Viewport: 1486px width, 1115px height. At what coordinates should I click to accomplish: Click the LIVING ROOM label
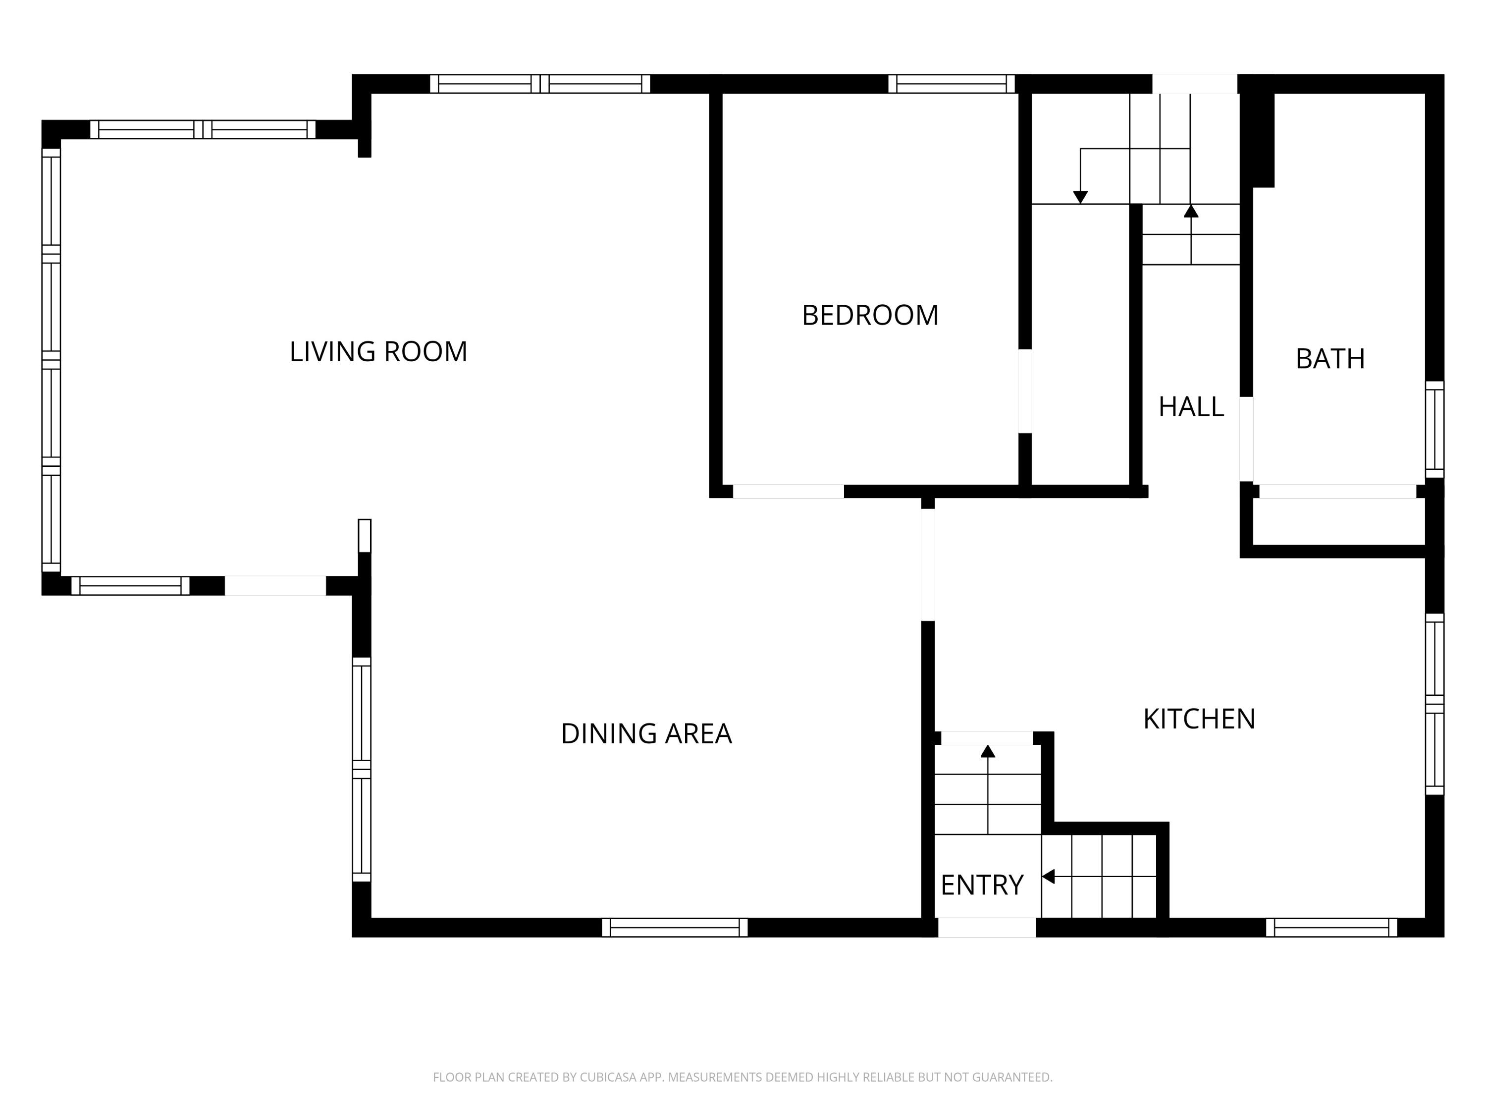tap(378, 351)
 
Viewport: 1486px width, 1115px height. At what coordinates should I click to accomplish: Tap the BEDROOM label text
tap(870, 315)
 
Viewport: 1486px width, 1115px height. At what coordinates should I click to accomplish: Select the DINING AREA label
tap(646, 733)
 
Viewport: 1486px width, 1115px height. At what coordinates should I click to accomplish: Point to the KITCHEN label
tap(1199, 719)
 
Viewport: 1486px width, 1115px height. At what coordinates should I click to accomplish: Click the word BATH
tap(1330, 359)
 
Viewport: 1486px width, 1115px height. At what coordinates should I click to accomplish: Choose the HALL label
tap(1191, 407)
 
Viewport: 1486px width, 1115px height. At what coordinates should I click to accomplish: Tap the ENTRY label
tap(982, 885)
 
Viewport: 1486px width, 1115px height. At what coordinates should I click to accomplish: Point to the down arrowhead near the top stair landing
tap(1080, 197)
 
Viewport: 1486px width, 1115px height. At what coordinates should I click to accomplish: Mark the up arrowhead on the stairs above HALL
tap(1191, 211)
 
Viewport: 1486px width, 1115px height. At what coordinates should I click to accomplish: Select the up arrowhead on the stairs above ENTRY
tap(988, 751)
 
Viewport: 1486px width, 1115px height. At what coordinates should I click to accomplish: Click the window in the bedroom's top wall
tap(951, 83)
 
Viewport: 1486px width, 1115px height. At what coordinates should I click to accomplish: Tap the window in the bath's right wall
tap(1434, 430)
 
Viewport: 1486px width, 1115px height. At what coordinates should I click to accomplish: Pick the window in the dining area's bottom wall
tap(675, 928)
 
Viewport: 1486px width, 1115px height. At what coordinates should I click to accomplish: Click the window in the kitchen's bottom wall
tap(1331, 928)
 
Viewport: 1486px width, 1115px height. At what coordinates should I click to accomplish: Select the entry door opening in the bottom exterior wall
tap(987, 928)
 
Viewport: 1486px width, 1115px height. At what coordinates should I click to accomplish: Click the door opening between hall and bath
tap(1246, 439)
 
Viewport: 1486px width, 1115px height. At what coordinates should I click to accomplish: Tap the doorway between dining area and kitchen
tap(928, 564)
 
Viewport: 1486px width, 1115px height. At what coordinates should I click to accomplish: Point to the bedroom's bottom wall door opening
tap(788, 491)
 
